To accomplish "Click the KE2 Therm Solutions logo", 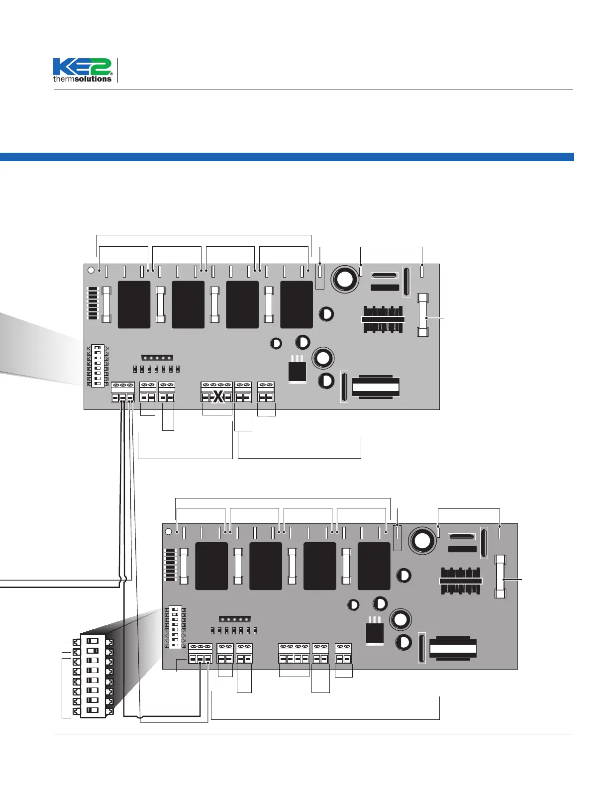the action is coord(83,70).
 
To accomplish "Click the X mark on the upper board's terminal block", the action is coord(217,397).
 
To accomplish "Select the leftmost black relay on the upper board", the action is coord(134,304).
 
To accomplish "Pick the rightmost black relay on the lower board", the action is coord(374,566).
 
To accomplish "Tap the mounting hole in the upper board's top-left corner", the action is coord(91,270).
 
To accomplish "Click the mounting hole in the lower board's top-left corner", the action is coord(168,531).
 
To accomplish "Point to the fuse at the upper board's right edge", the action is coord(423,315).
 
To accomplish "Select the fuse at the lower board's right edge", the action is coord(501,577).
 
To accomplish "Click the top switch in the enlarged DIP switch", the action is coord(93,641).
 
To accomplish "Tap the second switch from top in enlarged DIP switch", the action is coord(93,651).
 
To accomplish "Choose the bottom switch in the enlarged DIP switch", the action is coord(93,710).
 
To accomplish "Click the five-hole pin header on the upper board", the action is coord(157,358).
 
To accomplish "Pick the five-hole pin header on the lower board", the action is coord(235,619).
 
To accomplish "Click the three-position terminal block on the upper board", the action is coord(123,392).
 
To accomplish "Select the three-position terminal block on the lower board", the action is coord(200,654).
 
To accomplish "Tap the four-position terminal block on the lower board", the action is coord(294,654).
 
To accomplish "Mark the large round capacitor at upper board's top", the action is coord(344,280).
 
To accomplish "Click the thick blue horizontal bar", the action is coord(287,157).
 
